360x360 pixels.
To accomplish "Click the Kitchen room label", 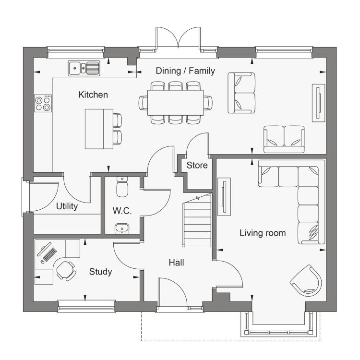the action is pyautogui.click(x=93, y=95).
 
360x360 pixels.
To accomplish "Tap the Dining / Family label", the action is pyautogui.click(x=185, y=71).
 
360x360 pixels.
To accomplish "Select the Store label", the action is pyautogui.click(x=197, y=165).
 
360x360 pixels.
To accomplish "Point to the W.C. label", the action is pyautogui.click(x=122, y=211).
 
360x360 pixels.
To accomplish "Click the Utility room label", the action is pyautogui.click(x=67, y=206).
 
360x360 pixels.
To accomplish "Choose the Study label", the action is pyautogui.click(x=101, y=272).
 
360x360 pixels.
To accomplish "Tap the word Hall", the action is pyautogui.click(x=176, y=263).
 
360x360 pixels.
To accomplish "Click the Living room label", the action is pyautogui.click(x=263, y=233).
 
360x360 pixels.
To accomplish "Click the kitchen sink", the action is pyautogui.click(x=84, y=68).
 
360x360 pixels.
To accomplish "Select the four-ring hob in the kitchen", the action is pyautogui.click(x=43, y=103).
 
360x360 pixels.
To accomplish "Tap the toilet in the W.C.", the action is pyautogui.click(x=122, y=187).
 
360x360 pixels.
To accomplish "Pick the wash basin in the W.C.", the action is pyautogui.click(x=122, y=228).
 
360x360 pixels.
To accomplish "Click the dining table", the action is pyautogui.click(x=176, y=103).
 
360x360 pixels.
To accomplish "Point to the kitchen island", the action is pyautogui.click(x=99, y=129).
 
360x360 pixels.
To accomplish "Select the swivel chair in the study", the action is pyautogui.click(x=66, y=271).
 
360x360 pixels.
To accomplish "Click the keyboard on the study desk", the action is pyautogui.click(x=50, y=254).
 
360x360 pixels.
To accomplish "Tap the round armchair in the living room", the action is pyautogui.click(x=307, y=281).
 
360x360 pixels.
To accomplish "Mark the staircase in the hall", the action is pyautogui.click(x=197, y=220).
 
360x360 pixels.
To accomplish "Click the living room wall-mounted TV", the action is pyautogui.click(x=224, y=197).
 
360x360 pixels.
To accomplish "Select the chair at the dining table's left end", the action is pyautogui.click(x=143, y=103).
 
